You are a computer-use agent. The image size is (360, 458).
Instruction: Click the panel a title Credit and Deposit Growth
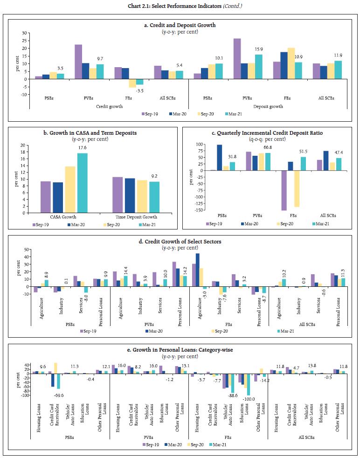[180, 25]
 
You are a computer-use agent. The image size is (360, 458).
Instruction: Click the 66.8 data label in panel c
[267, 148]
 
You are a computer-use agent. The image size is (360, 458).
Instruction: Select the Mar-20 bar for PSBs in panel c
[219, 158]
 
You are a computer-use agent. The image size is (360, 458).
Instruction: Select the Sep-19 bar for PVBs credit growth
[78, 62]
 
